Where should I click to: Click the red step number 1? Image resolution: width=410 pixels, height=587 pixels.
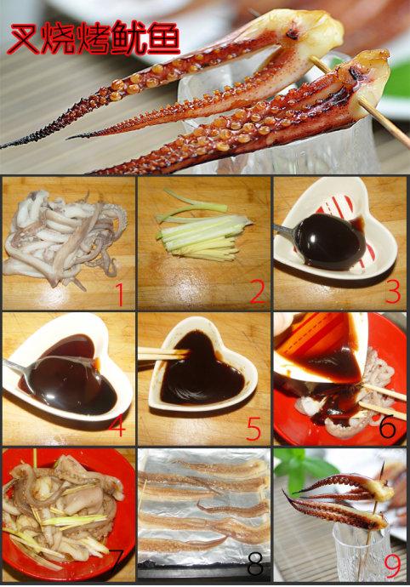pos(119,294)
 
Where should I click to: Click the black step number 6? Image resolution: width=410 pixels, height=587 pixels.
pos(387,427)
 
